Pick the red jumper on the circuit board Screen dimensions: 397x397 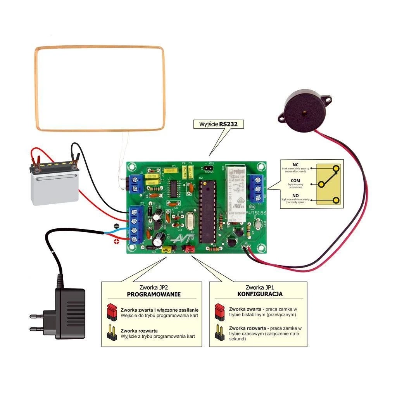point(189,248)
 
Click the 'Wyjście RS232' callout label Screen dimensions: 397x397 point(218,124)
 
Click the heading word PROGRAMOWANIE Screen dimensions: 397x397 point(154,294)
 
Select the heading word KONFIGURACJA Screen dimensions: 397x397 point(260,294)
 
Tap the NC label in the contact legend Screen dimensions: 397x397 point(295,165)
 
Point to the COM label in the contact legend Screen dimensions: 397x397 point(295,181)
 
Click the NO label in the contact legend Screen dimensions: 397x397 point(295,196)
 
